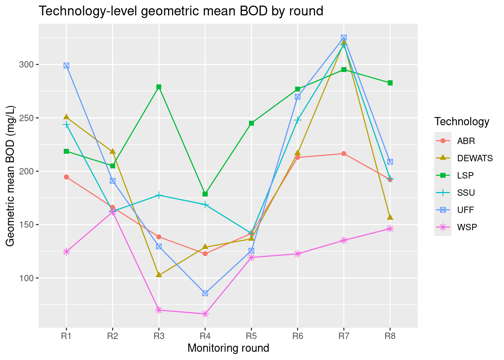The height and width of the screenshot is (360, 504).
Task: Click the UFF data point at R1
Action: pyautogui.click(x=66, y=66)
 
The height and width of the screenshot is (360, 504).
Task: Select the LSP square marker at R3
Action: pyautogui.click(x=159, y=87)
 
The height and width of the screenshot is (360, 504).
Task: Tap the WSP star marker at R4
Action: pyautogui.click(x=205, y=314)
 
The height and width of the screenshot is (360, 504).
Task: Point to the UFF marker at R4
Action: pyautogui.click(x=205, y=293)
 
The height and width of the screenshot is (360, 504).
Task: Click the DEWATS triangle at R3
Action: pyautogui.click(x=159, y=275)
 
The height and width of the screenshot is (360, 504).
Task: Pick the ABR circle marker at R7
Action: pyautogui.click(x=344, y=154)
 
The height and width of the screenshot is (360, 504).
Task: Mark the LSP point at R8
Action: pyautogui.click(x=390, y=83)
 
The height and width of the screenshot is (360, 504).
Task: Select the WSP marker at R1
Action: pyautogui.click(x=66, y=252)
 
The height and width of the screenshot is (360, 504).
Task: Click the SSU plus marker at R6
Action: pyautogui.click(x=297, y=120)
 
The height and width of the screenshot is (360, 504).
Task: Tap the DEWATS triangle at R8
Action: pyautogui.click(x=390, y=217)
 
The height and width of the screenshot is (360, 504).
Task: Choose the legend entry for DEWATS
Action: pyautogui.click(x=475, y=158)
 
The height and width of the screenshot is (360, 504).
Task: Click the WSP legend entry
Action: pyautogui.click(x=467, y=227)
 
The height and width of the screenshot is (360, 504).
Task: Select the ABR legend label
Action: pyautogui.click(x=466, y=141)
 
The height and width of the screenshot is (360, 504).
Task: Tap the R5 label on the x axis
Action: pyautogui.click(x=251, y=336)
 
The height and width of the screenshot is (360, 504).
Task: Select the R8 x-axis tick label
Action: pyautogui.click(x=390, y=336)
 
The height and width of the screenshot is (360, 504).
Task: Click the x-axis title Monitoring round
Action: pyautogui.click(x=228, y=348)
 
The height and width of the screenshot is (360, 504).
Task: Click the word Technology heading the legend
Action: pyautogui.click(x=462, y=121)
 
